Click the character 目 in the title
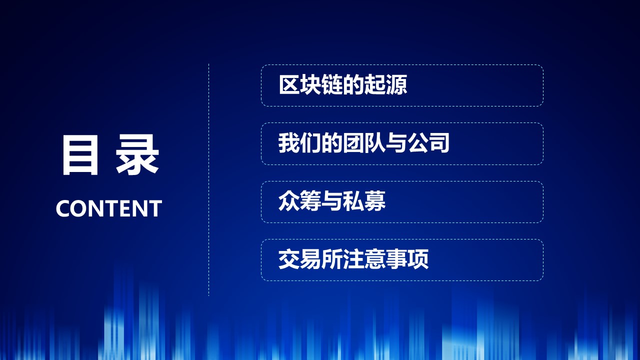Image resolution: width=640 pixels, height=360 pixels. (x=79, y=155)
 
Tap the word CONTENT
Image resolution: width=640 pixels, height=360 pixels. (x=108, y=208)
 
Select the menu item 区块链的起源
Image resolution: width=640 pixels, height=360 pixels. (x=402, y=85)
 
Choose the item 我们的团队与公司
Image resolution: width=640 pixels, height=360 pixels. (x=402, y=144)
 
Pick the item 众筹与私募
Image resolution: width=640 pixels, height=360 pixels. (x=402, y=202)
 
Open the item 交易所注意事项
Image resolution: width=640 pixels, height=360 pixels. (x=402, y=260)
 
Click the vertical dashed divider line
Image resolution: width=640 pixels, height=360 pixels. (x=208, y=180)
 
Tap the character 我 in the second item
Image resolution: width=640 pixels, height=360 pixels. (x=289, y=143)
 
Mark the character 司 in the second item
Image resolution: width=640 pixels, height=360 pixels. (x=439, y=143)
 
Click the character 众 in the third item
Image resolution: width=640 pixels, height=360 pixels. (x=289, y=202)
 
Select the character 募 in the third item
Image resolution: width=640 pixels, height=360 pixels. (x=375, y=202)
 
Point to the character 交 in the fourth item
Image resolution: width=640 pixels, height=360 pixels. (x=289, y=260)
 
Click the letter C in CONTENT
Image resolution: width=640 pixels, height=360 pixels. (x=62, y=208)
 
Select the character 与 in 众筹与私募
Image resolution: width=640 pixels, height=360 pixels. (x=332, y=202)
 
